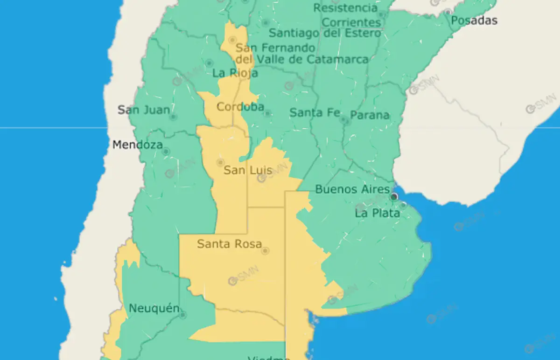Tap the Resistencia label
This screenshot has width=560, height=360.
click(345, 8)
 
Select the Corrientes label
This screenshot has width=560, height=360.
click(351, 22)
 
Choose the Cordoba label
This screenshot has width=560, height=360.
click(240, 107)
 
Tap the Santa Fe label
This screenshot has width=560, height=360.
click(312, 112)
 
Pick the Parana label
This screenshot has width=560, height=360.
click(370, 115)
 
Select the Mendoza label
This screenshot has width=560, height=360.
click(137, 145)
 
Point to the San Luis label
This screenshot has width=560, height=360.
click(248, 170)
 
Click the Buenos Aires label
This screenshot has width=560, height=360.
click(352, 189)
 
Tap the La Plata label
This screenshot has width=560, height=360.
click(377, 213)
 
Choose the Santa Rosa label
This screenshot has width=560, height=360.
click(229, 243)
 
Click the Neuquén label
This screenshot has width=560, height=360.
click(154, 308)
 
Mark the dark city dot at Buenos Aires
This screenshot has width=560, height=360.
click(394, 197)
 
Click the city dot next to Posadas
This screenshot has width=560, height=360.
click(448, 12)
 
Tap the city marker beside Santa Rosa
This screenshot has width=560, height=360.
click(265, 251)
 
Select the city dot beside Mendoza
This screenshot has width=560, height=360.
click(166, 152)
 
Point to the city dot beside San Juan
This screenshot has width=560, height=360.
click(173, 117)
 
